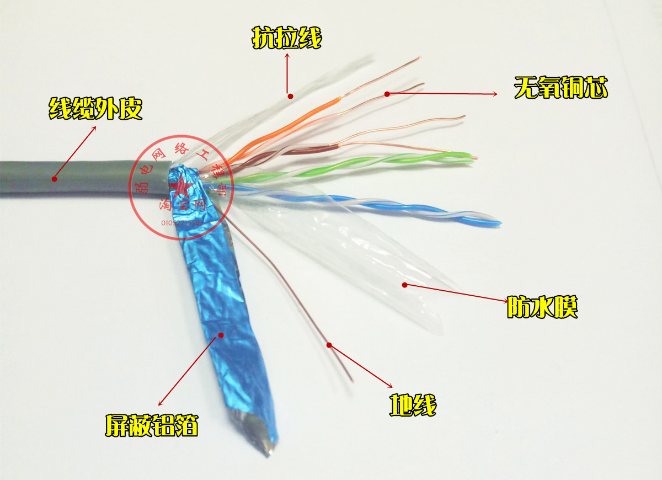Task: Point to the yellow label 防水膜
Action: tap(542, 308)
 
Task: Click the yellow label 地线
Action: tap(413, 406)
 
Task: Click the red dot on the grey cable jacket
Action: tap(55, 178)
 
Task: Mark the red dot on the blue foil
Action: tap(221, 334)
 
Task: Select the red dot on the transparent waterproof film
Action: tap(404, 285)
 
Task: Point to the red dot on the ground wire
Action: tap(329, 345)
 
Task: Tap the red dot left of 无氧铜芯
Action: tap(387, 94)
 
